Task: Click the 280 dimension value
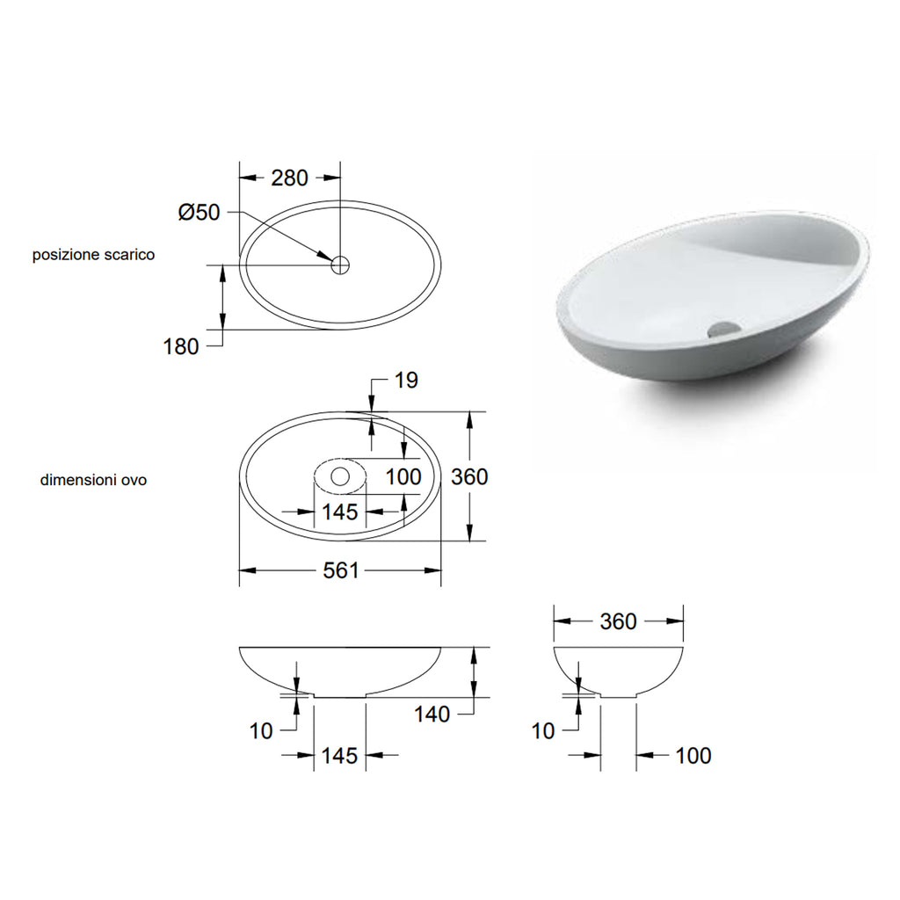pyautogui.click(x=289, y=178)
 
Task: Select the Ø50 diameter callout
pyautogui.click(x=198, y=213)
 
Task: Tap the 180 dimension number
pyautogui.click(x=181, y=346)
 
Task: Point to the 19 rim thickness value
pyautogui.click(x=406, y=380)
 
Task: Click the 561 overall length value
pyautogui.click(x=341, y=570)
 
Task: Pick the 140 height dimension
pyautogui.click(x=432, y=714)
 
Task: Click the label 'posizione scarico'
pyautogui.click(x=94, y=255)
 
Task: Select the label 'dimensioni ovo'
pyautogui.click(x=93, y=481)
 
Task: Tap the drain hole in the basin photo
pyautogui.click(x=724, y=329)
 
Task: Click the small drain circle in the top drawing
pyautogui.click(x=340, y=264)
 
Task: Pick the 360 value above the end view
pyautogui.click(x=618, y=621)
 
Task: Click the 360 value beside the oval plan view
pyautogui.click(x=469, y=476)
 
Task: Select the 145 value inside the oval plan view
pyautogui.click(x=339, y=512)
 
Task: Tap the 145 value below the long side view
pyautogui.click(x=339, y=755)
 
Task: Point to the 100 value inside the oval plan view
pyautogui.click(x=403, y=476)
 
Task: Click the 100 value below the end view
pyautogui.click(x=693, y=755)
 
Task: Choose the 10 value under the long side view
pyautogui.click(x=261, y=730)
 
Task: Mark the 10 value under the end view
pyautogui.click(x=543, y=730)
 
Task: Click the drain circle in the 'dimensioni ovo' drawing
pyautogui.click(x=340, y=477)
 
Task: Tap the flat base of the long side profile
pyautogui.click(x=340, y=697)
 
